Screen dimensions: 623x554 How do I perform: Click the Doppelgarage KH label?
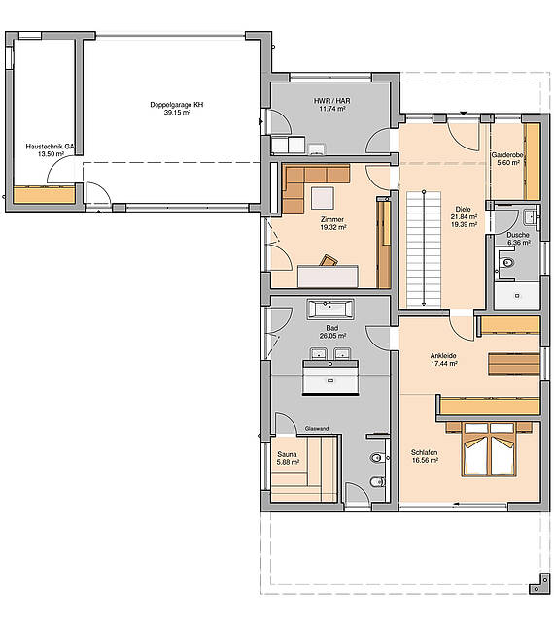(176, 104)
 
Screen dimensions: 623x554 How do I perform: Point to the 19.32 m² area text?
(333, 227)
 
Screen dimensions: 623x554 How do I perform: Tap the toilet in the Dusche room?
(506, 261)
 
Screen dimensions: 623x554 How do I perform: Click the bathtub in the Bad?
(331, 311)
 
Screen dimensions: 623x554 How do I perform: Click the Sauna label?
(287, 453)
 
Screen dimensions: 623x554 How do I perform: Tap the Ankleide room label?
(443, 356)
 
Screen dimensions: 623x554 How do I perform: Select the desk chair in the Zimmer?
(329, 260)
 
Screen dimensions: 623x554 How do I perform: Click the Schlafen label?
(425, 453)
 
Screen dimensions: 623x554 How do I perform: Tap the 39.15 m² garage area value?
(176, 113)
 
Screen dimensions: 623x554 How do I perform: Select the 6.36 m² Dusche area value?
(518, 243)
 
